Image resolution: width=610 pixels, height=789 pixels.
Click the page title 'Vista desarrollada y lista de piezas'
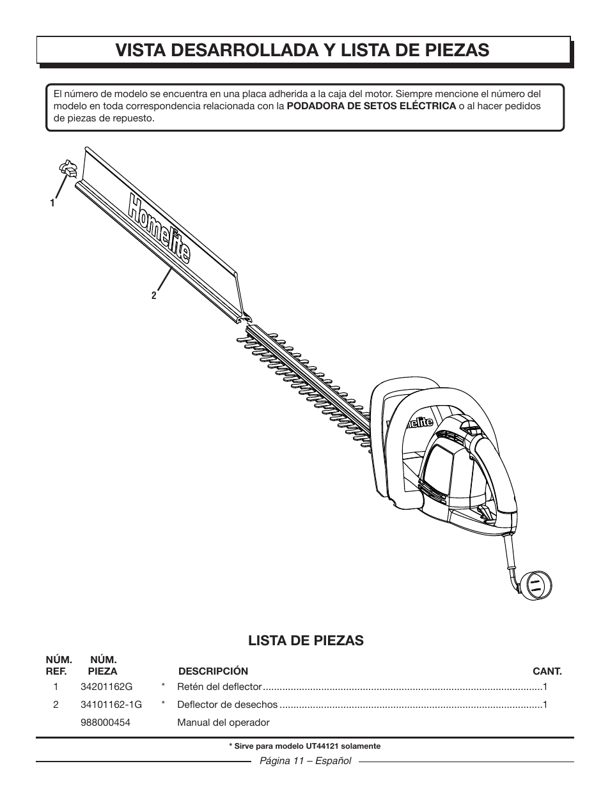click(303, 50)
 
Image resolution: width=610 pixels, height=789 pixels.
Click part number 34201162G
click(107, 687)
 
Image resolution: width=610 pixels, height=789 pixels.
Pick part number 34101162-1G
click(112, 705)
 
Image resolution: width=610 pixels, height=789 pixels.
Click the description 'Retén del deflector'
click(219, 687)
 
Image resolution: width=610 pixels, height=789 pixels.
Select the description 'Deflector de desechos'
click(227, 705)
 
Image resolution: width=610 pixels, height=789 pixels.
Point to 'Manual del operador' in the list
click(223, 723)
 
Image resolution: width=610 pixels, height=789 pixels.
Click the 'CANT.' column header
click(547, 671)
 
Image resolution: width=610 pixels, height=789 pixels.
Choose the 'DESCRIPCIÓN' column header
click(213, 671)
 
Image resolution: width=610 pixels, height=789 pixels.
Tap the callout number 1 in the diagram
click(52, 203)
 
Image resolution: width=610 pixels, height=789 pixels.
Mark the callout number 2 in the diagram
click(153, 296)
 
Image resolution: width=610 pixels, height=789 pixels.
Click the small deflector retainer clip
click(68, 169)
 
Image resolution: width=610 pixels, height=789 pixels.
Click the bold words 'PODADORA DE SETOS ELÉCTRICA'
click(371, 106)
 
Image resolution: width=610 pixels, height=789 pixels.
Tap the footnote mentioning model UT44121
click(304, 746)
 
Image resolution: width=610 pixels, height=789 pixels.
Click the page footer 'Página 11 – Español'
click(304, 762)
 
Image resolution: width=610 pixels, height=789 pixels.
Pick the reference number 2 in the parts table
click(56, 705)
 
